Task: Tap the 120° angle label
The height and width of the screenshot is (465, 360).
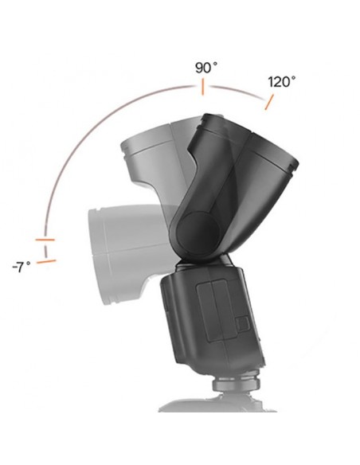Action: pos(281,81)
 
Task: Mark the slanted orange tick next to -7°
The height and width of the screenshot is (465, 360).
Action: pos(47,259)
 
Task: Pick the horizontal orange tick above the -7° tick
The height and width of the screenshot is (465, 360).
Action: pos(45,239)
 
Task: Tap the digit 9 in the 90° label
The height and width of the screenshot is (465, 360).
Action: pos(199,68)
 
